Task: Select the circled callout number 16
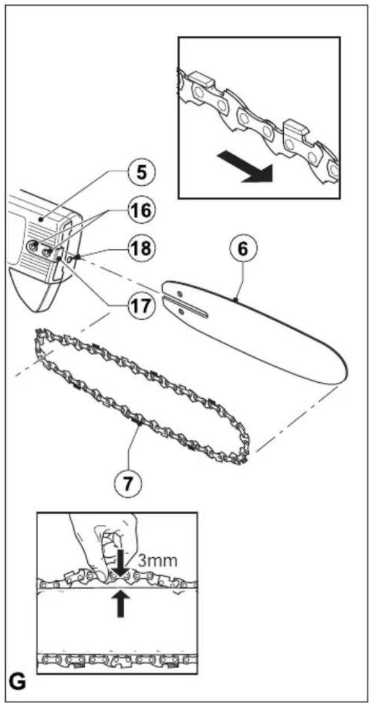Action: pyautogui.click(x=141, y=210)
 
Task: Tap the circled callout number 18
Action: pyautogui.click(x=141, y=248)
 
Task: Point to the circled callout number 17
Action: pyautogui.click(x=141, y=305)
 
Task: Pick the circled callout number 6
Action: pyautogui.click(x=243, y=248)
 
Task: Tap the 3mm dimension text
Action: pyautogui.click(x=157, y=561)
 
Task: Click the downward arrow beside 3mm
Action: pyautogui.click(x=120, y=563)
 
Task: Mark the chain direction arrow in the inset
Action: pyautogui.click(x=245, y=166)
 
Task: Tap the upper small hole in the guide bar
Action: pyautogui.click(x=180, y=294)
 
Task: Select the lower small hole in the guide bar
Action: pyautogui.click(x=181, y=312)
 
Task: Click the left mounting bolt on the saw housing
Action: pyautogui.click(x=32, y=246)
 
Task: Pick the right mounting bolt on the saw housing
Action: pyautogui.click(x=48, y=251)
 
